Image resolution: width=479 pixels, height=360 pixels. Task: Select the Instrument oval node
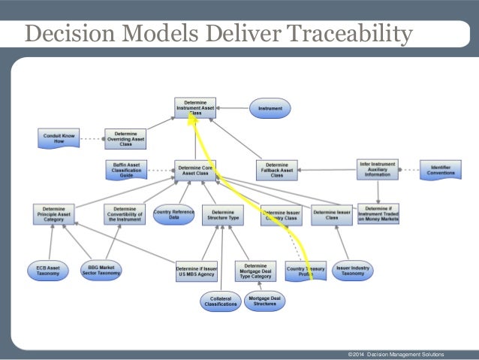pyautogui.click(x=270, y=108)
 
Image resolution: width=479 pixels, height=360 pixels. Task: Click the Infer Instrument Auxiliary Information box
pyautogui.click(x=376, y=169)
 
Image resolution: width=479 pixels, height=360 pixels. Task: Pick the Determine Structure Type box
pyautogui.click(x=222, y=216)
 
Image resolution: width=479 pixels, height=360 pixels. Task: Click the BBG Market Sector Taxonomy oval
pyautogui.click(x=101, y=271)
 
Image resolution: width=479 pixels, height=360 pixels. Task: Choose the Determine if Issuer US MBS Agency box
pyautogui.click(x=197, y=271)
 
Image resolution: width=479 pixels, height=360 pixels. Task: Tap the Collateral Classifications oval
pyautogui.click(x=220, y=301)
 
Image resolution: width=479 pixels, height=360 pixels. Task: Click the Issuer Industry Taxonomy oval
pyautogui.click(x=353, y=270)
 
